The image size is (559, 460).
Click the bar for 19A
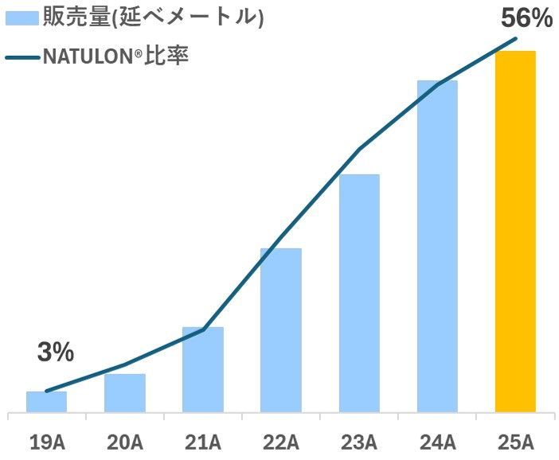tap(46, 402)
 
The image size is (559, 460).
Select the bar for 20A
tap(125, 393)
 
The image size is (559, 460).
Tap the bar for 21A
tap(203, 370)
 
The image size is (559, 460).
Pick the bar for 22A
tap(281, 330)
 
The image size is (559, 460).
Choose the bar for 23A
tap(359, 294)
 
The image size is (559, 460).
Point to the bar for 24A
tap(437, 247)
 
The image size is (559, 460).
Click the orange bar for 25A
tap(515, 232)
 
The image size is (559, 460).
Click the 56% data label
tap(526, 18)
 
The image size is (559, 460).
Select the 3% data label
tap(56, 351)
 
